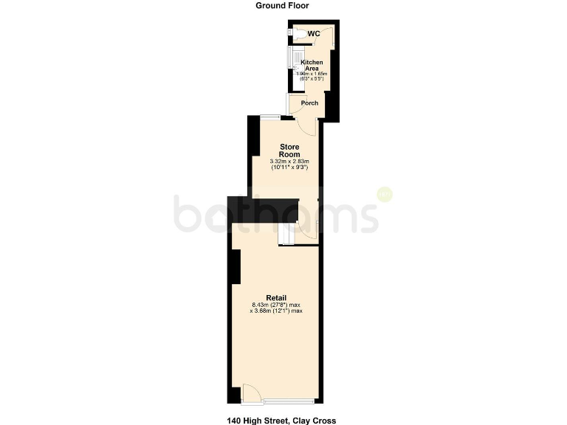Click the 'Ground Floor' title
[x=282, y=5]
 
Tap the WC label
[x=314, y=34]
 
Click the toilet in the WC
[x=292, y=31]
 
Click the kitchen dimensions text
[x=312, y=77]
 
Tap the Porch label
[x=310, y=103]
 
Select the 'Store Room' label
[x=289, y=151]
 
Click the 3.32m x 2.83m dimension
[x=289, y=162]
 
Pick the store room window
[x=269, y=117]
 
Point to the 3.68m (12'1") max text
[x=278, y=311]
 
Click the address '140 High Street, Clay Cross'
[x=281, y=420]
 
